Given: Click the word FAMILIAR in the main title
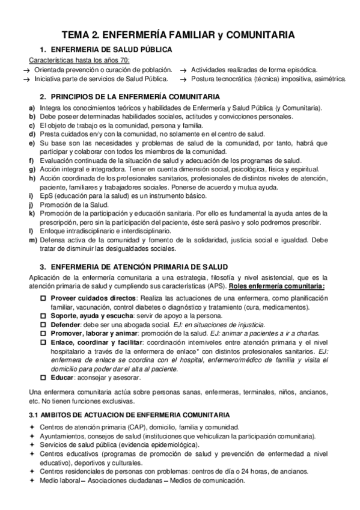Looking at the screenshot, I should pyautogui.click(x=200, y=36).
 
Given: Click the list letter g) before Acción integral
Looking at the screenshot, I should pyautogui.click(x=31, y=170).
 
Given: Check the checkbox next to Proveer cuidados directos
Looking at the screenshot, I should pyautogui.click(x=43, y=298).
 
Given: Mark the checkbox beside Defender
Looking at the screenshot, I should pyautogui.click(x=43, y=324).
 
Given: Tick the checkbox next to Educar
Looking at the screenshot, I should pyautogui.click(x=43, y=378).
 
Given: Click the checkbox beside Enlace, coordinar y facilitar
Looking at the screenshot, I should pyautogui.click(x=43, y=341).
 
